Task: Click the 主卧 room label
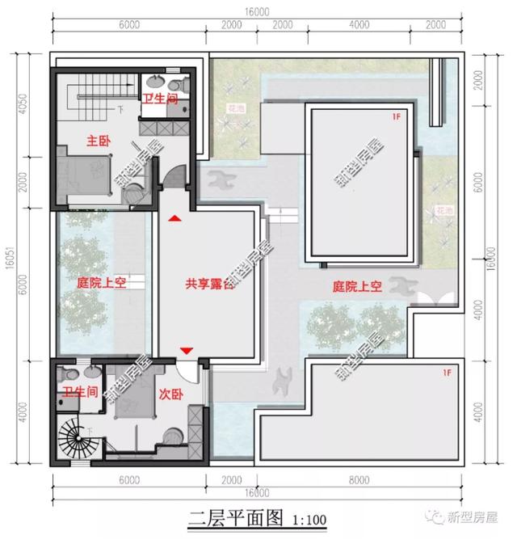tap(99, 141)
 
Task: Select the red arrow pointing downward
tap(187, 350)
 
